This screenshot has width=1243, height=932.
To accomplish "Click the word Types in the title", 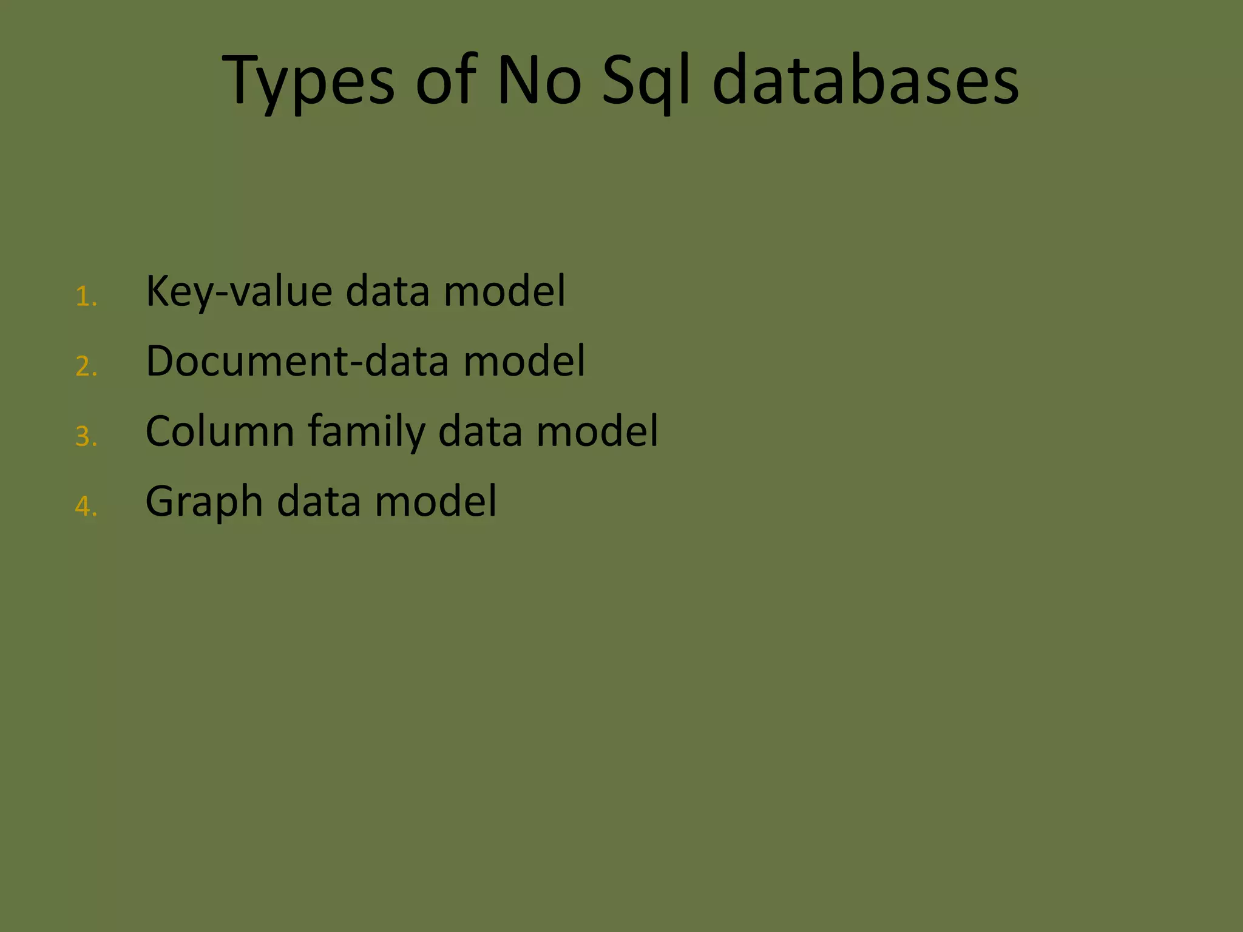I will (x=308, y=81).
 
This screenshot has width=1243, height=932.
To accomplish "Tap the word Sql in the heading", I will (x=646, y=81).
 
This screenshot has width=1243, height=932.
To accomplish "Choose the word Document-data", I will (x=297, y=361).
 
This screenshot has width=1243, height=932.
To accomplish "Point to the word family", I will (x=367, y=432).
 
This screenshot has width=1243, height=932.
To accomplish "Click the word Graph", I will (x=204, y=502).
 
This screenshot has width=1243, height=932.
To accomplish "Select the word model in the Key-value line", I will (x=504, y=291).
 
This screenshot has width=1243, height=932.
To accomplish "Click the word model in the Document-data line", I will (x=524, y=361).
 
